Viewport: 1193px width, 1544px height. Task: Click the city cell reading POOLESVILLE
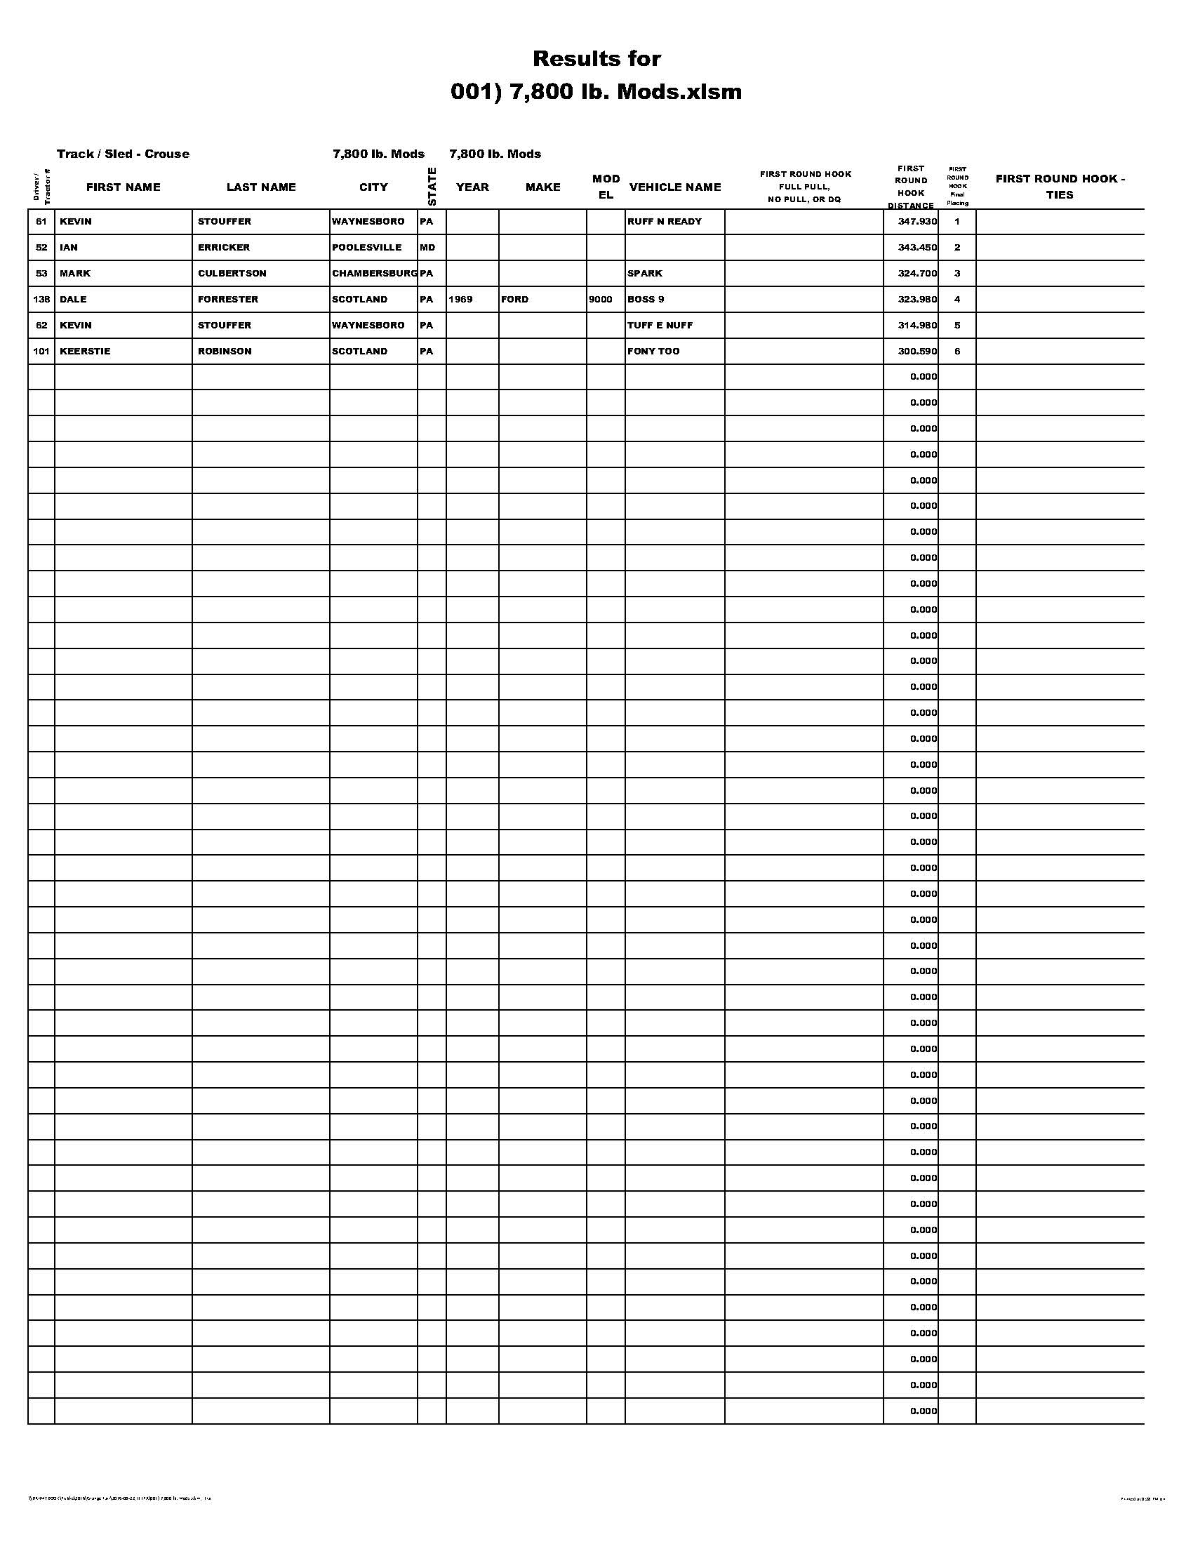(x=366, y=248)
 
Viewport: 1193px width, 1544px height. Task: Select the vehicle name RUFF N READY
(x=665, y=221)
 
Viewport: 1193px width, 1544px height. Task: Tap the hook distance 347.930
(x=917, y=221)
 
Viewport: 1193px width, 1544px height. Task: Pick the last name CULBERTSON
(x=232, y=274)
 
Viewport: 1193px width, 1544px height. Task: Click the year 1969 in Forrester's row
(x=460, y=299)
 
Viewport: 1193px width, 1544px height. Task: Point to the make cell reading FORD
(x=514, y=299)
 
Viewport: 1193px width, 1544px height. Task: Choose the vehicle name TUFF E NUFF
(x=660, y=325)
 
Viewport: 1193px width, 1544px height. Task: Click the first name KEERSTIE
(x=85, y=352)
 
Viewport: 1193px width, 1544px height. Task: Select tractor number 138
(x=41, y=299)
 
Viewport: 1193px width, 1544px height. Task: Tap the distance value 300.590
(x=917, y=352)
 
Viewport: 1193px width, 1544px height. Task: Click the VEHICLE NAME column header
(x=675, y=187)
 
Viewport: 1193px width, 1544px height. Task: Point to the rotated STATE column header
(x=432, y=187)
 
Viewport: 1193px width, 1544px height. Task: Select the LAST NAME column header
(x=261, y=187)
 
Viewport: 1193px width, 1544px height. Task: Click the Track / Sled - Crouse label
(x=123, y=154)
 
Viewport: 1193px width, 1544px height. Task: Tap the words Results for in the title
(x=596, y=58)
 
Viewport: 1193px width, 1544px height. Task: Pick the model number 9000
(x=601, y=299)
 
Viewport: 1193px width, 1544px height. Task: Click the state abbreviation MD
(x=427, y=248)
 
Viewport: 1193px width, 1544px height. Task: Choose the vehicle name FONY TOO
(x=653, y=352)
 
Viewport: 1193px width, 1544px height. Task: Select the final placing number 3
(x=957, y=274)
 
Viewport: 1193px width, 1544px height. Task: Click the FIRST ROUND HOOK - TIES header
(x=1060, y=187)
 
